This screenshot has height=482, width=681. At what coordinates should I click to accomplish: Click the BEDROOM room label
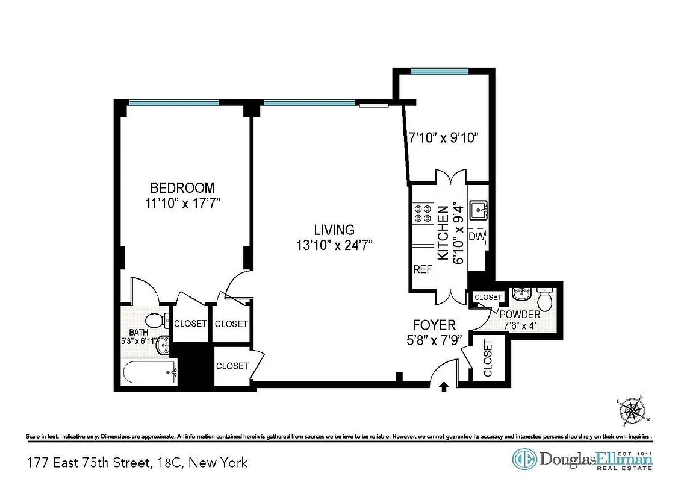pos(182,187)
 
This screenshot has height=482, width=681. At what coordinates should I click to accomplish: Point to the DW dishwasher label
pos(477,237)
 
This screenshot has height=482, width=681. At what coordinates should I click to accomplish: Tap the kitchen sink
pos(479,211)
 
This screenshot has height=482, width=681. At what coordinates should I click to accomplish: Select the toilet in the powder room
pos(545,300)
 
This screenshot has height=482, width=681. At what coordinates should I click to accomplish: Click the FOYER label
pos(434,325)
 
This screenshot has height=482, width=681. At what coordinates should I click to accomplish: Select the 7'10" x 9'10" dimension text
pos(444,138)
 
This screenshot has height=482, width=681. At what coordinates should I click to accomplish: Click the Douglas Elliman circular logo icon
pos(523,460)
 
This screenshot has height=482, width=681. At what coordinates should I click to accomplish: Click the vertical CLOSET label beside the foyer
pos(487,358)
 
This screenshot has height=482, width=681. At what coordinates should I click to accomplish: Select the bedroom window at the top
pos(174,103)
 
